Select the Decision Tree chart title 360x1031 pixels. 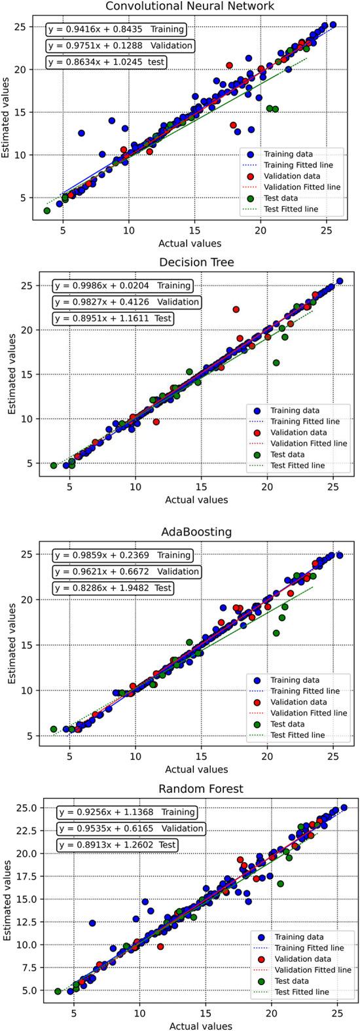pos(188,263)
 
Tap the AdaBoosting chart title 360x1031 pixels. pos(188,532)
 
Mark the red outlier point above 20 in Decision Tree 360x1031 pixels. pos(236,310)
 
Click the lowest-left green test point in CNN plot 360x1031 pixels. pos(46,211)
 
